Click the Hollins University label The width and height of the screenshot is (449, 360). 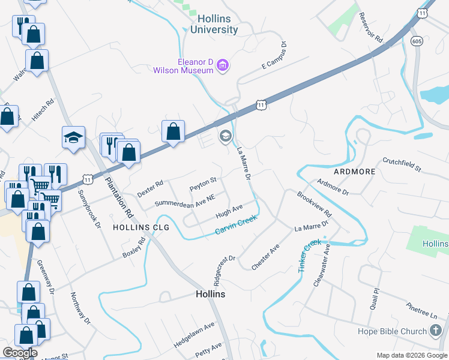tap(214, 23)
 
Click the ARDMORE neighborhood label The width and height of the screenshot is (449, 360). tap(354, 172)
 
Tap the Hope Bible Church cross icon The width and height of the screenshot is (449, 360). tap(436, 331)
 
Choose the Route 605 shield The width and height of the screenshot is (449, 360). tap(417, 41)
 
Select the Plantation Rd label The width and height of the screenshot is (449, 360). tap(119, 196)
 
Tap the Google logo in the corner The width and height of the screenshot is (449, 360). tap(20, 353)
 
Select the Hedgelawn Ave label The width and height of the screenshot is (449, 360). tap(194, 334)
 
